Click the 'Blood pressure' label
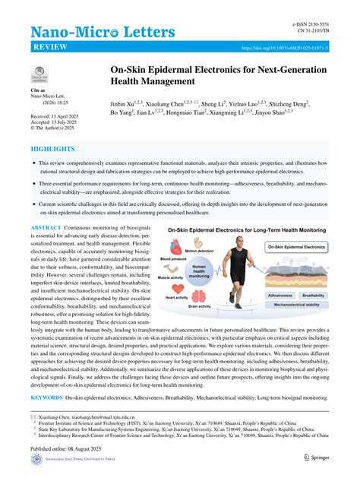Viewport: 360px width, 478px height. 172,259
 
